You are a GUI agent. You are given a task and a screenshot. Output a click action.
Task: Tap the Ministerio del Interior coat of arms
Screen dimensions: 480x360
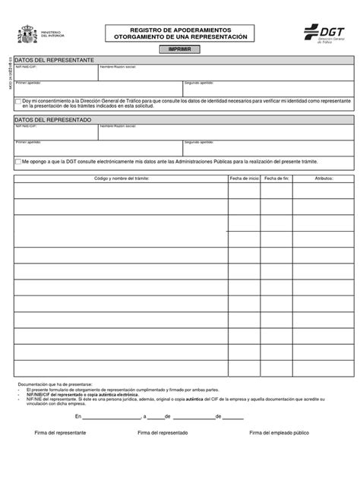tap(27, 35)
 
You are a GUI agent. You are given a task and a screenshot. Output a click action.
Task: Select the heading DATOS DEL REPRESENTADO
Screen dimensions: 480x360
tap(52, 120)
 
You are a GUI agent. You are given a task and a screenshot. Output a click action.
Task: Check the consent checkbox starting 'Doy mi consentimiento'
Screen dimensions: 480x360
tap(18, 99)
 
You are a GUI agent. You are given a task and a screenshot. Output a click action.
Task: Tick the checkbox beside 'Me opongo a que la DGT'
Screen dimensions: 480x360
tap(18, 162)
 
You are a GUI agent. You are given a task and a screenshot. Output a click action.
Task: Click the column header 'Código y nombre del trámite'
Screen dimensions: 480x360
tap(121, 177)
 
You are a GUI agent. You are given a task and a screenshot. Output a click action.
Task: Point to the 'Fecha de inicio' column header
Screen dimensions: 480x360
tap(245, 177)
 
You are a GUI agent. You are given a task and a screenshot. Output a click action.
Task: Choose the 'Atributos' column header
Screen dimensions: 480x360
tap(324, 177)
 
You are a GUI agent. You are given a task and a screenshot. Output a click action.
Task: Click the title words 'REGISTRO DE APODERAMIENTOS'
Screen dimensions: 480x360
tap(180, 29)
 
